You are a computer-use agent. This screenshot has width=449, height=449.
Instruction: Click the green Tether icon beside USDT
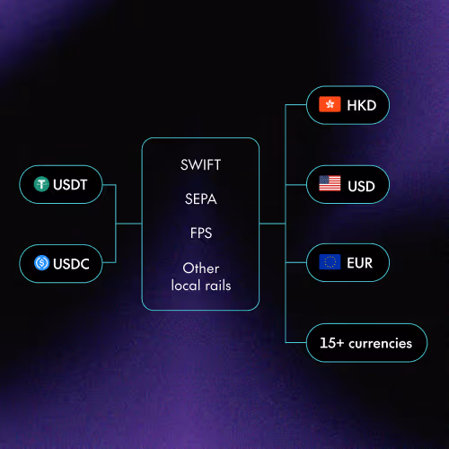(x=41, y=185)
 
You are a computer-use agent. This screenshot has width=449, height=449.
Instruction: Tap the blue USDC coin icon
(x=41, y=264)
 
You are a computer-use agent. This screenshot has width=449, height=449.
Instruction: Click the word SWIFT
(x=201, y=166)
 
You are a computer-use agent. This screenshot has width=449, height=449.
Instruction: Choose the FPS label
(x=201, y=233)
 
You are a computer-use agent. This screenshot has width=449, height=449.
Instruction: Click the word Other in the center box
(x=201, y=268)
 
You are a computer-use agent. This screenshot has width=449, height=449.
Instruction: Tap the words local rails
(x=201, y=285)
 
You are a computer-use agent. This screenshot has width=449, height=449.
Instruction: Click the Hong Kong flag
(x=330, y=106)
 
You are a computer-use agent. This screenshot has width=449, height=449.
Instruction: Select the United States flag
(x=330, y=185)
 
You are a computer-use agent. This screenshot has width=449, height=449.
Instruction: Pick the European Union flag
(x=330, y=263)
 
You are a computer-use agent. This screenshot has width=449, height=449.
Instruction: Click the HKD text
(x=362, y=106)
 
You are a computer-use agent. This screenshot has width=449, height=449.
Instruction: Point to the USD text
(x=362, y=185)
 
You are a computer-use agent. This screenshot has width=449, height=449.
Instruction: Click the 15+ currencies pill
(x=365, y=342)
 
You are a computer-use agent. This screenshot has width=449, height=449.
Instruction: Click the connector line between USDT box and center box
(x=110, y=185)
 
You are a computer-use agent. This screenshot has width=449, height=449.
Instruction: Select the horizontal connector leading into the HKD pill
(x=296, y=106)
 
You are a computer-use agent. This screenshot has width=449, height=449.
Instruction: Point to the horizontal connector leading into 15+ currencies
(x=296, y=342)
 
